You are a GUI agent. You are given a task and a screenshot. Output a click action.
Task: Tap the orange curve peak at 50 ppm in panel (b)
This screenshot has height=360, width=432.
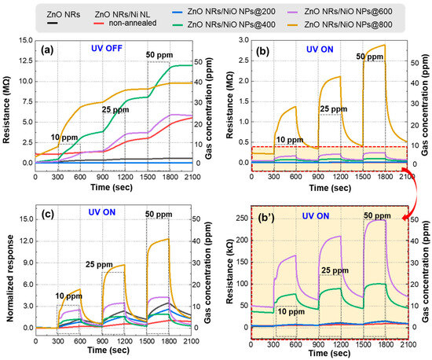[383, 46]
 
